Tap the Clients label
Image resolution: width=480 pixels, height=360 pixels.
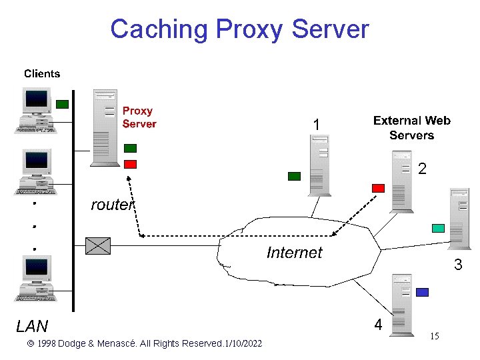(42, 74)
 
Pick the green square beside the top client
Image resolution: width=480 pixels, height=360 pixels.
(62, 104)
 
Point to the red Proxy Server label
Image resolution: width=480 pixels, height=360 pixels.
(139, 117)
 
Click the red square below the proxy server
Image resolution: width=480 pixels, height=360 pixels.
(131, 164)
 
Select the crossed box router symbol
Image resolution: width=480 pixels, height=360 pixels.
(99, 246)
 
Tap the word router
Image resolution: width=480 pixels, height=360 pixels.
(112, 205)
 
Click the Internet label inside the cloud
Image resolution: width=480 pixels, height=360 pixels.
(294, 252)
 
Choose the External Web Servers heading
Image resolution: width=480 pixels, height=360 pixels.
(411, 128)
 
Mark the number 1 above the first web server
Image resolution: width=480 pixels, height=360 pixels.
(317, 125)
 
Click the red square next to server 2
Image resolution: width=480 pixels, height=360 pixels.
(378, 188)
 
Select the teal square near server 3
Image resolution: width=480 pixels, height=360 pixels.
(438, 228)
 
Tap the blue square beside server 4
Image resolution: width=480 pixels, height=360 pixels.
(422, 292)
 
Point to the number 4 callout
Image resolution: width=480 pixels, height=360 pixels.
(378, 325)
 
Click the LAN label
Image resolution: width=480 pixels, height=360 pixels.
(32, 326)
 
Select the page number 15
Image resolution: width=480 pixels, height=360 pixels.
(434, 337)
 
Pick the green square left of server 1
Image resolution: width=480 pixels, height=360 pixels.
(294, 176)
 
